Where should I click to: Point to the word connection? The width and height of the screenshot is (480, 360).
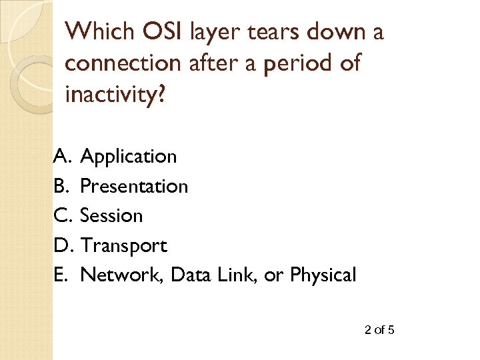tap(123, 64)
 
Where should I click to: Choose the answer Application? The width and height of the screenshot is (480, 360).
tap(128, 157)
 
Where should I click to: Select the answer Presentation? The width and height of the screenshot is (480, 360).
tap(134, 186)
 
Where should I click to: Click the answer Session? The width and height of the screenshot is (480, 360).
tap(111, 216)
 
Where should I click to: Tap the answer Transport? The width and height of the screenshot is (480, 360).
tap(123, 246)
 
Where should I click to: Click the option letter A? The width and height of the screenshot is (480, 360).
tap(61, 156)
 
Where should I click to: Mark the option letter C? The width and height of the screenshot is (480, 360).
tap(61, 216)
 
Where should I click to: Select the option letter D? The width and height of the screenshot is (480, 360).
tap(62, 246)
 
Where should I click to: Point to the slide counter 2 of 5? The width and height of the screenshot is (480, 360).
tap(380, 329)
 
